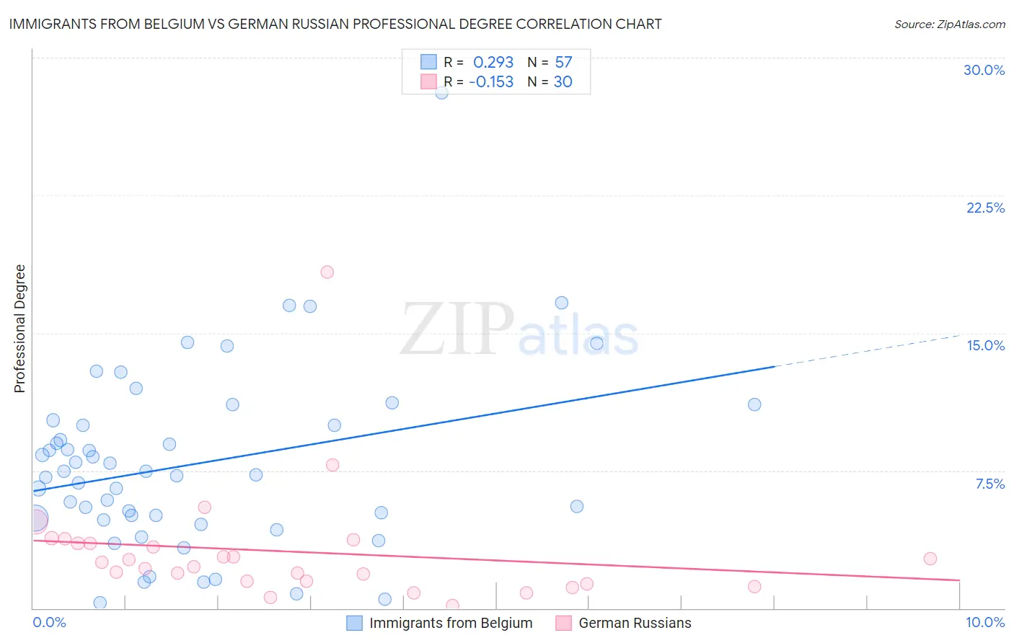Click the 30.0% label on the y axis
tap(984, 70)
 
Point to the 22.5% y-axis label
tap(985, 208)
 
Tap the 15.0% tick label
tap(985, 345)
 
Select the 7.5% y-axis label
tap(989, 484)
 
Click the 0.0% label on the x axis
tap(49, 622)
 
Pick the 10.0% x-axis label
tap(984, 622)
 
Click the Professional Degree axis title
tap(19, 329)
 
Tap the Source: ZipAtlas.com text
tap(949, 24)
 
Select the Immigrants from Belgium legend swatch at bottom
tap(354, 623)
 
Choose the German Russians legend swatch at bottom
tap(563, 623)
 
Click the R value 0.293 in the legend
tap(493, 63)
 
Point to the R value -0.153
tap(491, 82)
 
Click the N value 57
tap(563, 63)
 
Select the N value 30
tap(563, 82)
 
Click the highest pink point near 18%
tap(327, 272)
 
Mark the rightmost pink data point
tap(930, 559)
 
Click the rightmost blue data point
tap(754, 404)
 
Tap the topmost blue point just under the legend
tap(441, 92)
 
